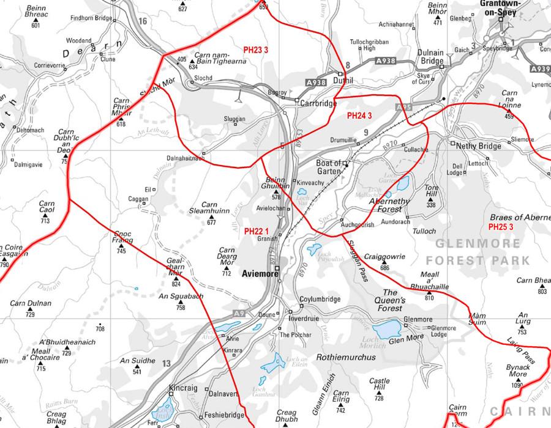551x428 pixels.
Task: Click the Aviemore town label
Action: point(260,274)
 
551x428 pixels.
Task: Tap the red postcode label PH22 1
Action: point(257,231)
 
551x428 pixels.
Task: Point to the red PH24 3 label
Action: point(360,115)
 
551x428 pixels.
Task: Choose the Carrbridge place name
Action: point(318,103)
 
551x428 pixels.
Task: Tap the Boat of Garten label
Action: point(331,168)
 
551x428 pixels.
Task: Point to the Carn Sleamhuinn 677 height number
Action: point(212,223)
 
